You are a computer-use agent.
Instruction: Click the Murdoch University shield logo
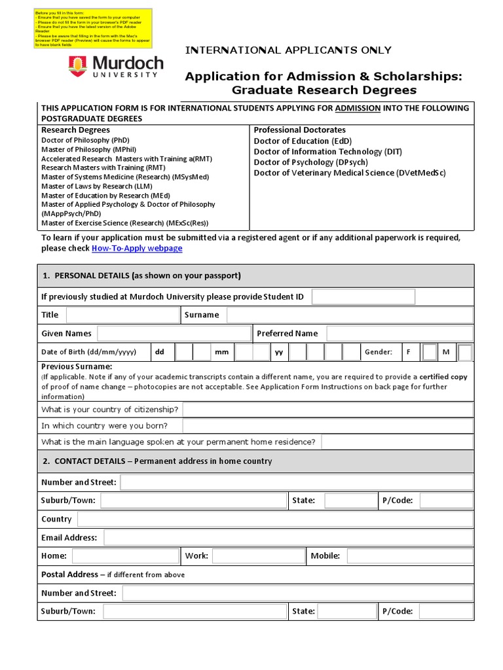tap(77, 66)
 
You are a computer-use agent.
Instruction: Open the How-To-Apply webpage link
tap(137, 249)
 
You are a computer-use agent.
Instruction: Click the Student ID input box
tap(363, 297)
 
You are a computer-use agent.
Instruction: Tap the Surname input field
tap(349, 315)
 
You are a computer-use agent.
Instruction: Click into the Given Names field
tap(174, 334)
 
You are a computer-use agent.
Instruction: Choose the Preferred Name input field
tap(399, 334)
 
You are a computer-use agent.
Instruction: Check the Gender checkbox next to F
tap(429, 353)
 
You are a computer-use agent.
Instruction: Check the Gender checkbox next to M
tap(465, 353)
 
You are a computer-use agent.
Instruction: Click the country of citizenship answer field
tap(327, 410)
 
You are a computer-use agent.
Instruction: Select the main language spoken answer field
tap(397, 442)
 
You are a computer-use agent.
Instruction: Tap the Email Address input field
tap(288, 538)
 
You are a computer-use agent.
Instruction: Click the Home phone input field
tap(125, 556)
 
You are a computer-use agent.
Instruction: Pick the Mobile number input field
tap(409, 556)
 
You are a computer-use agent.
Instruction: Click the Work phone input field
tap(258, 556)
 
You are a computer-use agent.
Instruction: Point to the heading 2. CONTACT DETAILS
tap(157, 461)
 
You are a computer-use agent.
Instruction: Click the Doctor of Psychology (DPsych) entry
tap(311, 162)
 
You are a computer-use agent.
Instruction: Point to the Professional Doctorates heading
tap(299, 130)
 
